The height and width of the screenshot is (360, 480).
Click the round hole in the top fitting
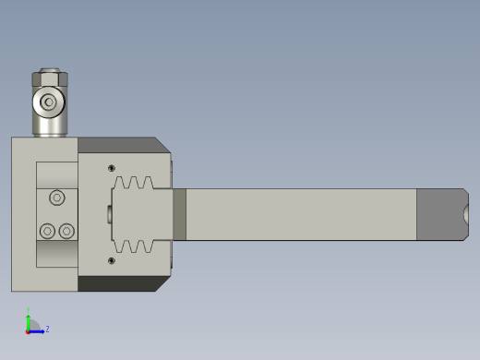click(x=49, y=102)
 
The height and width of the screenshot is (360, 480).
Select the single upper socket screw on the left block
click(x=57, y=197)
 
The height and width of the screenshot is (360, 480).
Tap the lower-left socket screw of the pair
click(x=47, y=231)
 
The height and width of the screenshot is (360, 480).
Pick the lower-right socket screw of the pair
click(x=66, y=231)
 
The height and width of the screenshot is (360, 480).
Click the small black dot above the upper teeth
click(x=112, y=168)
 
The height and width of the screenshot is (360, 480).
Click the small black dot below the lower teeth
click(x=112, y=260)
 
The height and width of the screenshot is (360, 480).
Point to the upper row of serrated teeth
click(x=135, y=184)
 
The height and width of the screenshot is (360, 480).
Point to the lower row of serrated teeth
click(x=135, y=246)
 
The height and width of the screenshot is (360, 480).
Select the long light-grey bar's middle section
click(x=300, y=214)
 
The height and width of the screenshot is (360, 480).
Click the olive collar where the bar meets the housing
click(x=179, y=214)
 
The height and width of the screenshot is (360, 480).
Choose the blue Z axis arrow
click(x=37, y=330)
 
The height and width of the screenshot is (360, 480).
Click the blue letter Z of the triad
click(x=47, y=329)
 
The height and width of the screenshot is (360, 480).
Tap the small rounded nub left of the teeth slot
click(x=110, y=214)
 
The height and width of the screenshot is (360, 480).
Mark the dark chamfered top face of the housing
click(x=120, y=145)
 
